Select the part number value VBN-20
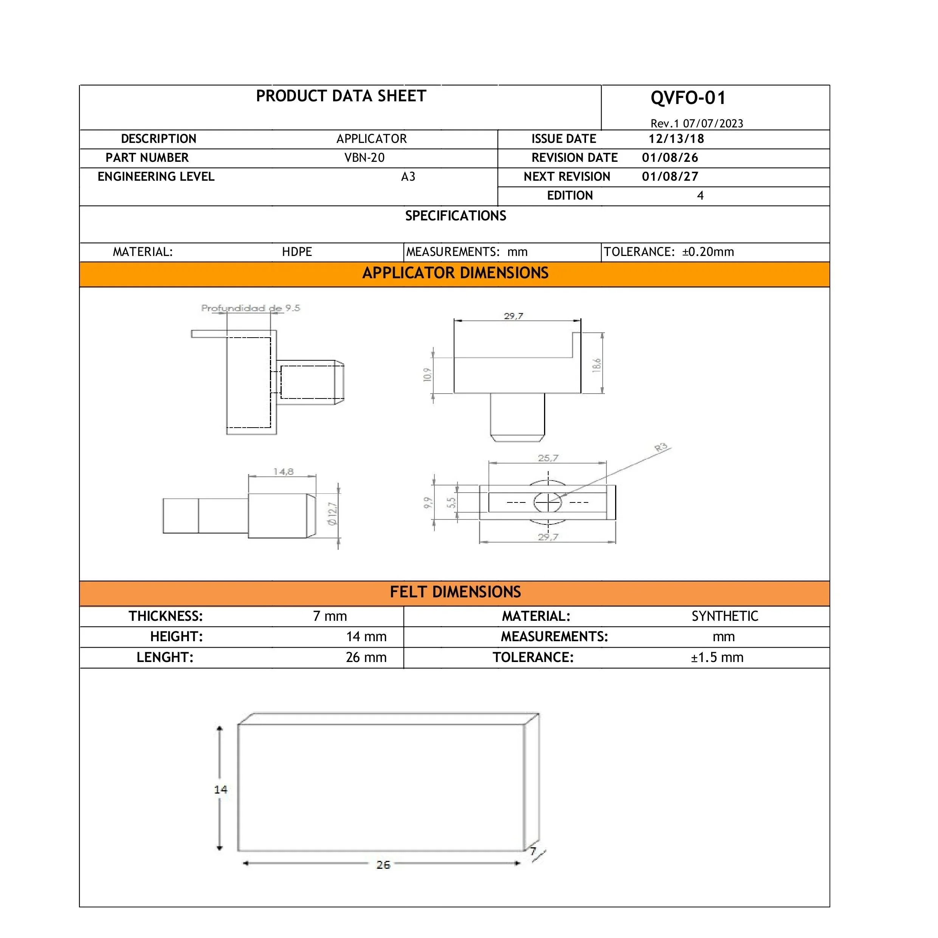(x=364, y=158)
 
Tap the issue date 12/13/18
(x=676, y=139)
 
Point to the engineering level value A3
(x=408, y=177)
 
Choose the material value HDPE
(x=297, y=252)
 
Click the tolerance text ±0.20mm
(x=708, y=252)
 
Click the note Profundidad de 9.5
(x=251, y=308)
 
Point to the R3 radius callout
(x=661, y=448)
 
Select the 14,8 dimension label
(x=283, y=471)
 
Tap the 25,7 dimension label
(x=548, y=458)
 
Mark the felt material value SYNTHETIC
(x=724, y=616)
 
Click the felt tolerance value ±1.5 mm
(x=717, y=657)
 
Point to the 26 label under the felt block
(x=383, y=865)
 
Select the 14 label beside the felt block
(x=220, y=789)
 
